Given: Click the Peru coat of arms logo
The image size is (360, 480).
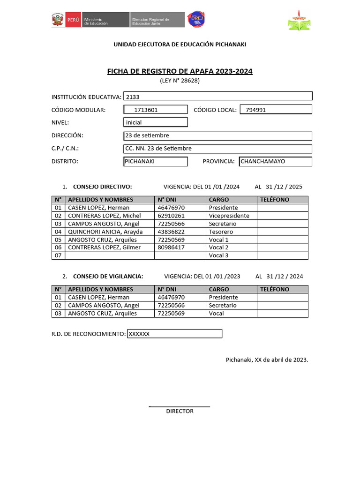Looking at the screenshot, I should (x=58, y=20).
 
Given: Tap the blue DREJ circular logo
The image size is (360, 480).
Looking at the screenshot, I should (x=195, y=19).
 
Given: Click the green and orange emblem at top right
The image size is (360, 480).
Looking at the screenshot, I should (x=300, y=20).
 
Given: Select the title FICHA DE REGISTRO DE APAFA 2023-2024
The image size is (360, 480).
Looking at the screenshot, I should (x=180, y=71).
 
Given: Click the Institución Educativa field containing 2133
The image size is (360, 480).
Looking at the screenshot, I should (x=217, y=97).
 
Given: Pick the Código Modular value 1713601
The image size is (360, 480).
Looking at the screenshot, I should (x=155, y=110).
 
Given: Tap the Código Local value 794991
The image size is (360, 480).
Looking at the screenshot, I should (x=276, y=110).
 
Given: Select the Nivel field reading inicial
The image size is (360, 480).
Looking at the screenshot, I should (x=155, y=122).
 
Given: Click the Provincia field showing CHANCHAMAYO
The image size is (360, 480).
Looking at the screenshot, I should (x=275, y=161).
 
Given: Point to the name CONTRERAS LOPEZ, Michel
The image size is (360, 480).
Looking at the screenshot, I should (x=105, y=216).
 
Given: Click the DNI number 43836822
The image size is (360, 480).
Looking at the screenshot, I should (x=171, y=232).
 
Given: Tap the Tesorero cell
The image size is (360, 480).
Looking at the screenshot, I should (x=221, y=232).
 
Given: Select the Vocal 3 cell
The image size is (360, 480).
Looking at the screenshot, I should (x=219, y=255).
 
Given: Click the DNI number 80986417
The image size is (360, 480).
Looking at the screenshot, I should (x=171, y=247).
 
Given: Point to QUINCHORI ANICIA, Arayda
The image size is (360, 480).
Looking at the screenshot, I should (x=105, y=232).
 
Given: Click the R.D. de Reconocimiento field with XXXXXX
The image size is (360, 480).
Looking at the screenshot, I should (x=174, y=334).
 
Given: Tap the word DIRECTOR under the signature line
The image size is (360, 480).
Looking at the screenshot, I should (x=180, y=411).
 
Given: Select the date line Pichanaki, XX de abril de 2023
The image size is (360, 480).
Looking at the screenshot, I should (x=267, y=360).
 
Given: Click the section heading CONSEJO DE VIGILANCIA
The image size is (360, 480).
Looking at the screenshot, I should (x=108, y=276).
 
